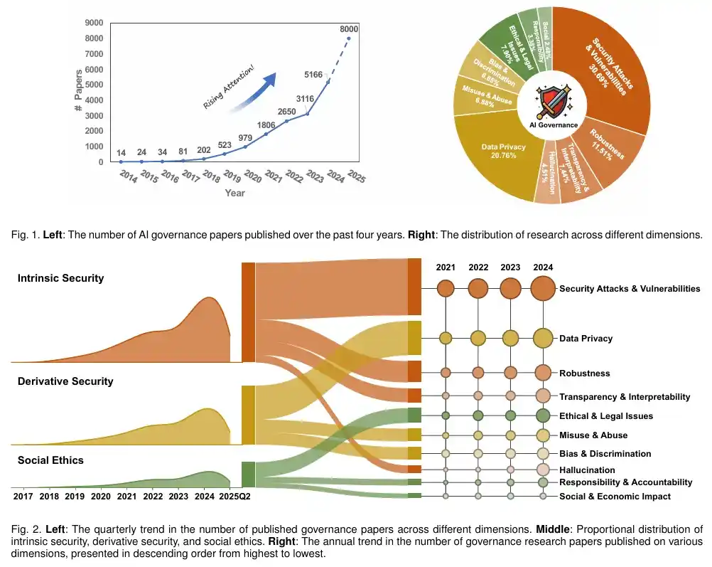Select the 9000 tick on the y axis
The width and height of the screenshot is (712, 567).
(92, 23)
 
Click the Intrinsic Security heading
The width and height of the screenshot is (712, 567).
(60, 278)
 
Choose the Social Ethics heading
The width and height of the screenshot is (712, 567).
(50, 460)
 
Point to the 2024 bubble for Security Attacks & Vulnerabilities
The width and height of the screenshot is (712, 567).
(543, 289)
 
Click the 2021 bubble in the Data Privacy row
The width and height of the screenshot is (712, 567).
(446, 339)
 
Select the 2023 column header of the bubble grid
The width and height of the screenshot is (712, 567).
(510, 267)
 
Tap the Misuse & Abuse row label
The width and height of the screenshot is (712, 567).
(593, 435)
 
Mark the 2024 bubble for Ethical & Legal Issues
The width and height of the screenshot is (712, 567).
(543, 416)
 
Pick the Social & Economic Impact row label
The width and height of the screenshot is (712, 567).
(615, 497)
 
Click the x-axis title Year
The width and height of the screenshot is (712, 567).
(235, 193)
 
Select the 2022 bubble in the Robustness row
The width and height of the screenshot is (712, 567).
(478, 372)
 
